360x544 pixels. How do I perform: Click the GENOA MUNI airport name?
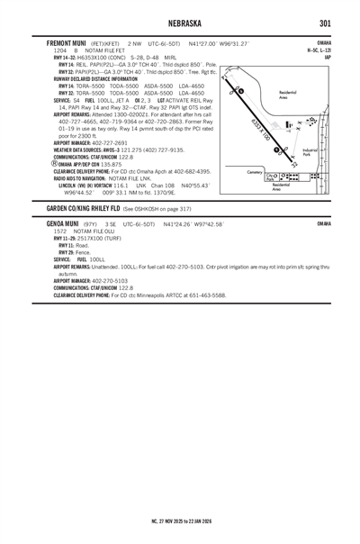(60, 224)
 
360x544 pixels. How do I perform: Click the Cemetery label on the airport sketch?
(255, 171)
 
